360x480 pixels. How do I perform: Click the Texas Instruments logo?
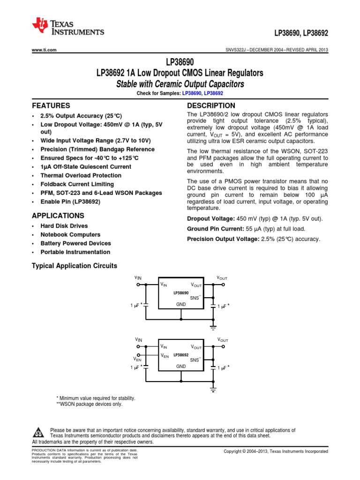click(68, 27)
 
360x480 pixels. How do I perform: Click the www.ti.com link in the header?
click(44, 50)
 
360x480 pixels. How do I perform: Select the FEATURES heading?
click(51, 106)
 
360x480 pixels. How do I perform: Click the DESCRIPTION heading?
click(211, 106)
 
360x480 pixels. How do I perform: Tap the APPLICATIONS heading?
click(58, 216)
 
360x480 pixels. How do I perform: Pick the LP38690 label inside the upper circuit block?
click(180, 292)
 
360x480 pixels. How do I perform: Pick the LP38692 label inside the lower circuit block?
click(180, 355)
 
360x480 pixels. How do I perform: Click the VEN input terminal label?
click(137, 360)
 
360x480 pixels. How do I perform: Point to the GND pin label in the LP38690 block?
click(181, 304)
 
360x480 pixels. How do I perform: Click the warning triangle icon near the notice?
click(39, 433)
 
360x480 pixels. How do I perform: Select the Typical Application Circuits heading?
click(74, 266)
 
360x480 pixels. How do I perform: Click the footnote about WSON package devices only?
click(89, 404)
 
